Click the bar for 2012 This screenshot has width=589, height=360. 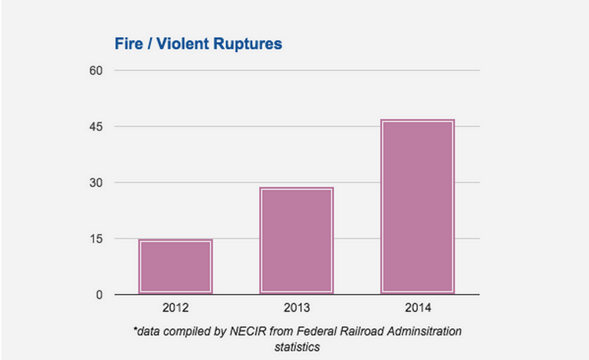pyautogui.click(x=175, y=266)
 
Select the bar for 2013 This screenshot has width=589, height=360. pyautogui.click(x=297, y=240)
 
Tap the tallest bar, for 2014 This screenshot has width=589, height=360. pyautogui.click(x=418, y=206)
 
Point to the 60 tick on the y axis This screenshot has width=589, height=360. pyautogui.click(x=96, y=71)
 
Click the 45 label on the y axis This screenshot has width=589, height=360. pyautogui.click(x=96, y=127)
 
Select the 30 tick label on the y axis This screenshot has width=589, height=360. pyautogui.click(x=96, y=183)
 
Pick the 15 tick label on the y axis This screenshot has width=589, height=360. pyautogui.click(x=96, y=239)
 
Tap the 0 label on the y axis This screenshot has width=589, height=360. pyautogui.click(x=99, y=295)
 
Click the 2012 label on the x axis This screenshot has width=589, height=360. pyautogui.click(x=175, y=308)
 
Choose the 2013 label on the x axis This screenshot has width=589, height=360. pyautogui.click(x=297, y=308)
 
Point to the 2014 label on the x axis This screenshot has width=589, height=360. pyautogui.click(x=418, y=308)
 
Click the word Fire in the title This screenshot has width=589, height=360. pyautogui.click(x=129, y=44)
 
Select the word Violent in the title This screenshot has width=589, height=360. pyautogui.click(x=182, y=44)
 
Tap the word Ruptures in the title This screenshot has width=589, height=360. pyautogui.click(x=247, y=44)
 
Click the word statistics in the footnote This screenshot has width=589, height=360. pyautogui.click(x=297, y=347)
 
